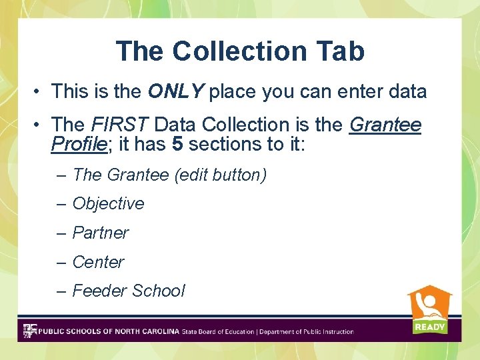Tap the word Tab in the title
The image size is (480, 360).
pos(341,51)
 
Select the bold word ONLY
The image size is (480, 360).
pos(175,92)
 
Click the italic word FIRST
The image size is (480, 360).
pos(121,125)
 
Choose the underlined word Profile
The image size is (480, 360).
pos(77,143)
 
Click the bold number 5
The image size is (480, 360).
pos(177,143)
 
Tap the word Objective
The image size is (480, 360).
pos(108,203)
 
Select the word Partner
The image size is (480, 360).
pos(100,233)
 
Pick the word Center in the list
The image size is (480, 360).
pos(98,262)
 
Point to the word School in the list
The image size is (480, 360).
pos(158,291)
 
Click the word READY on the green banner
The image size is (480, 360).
pos(429,327)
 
